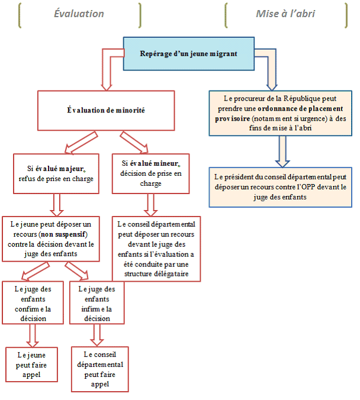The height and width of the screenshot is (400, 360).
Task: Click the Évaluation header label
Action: [79, 14]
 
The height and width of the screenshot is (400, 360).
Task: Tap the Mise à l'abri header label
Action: [285, 14]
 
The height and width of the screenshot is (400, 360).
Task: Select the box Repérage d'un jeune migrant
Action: [188, 53]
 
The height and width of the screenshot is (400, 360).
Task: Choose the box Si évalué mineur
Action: [152, 172]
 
